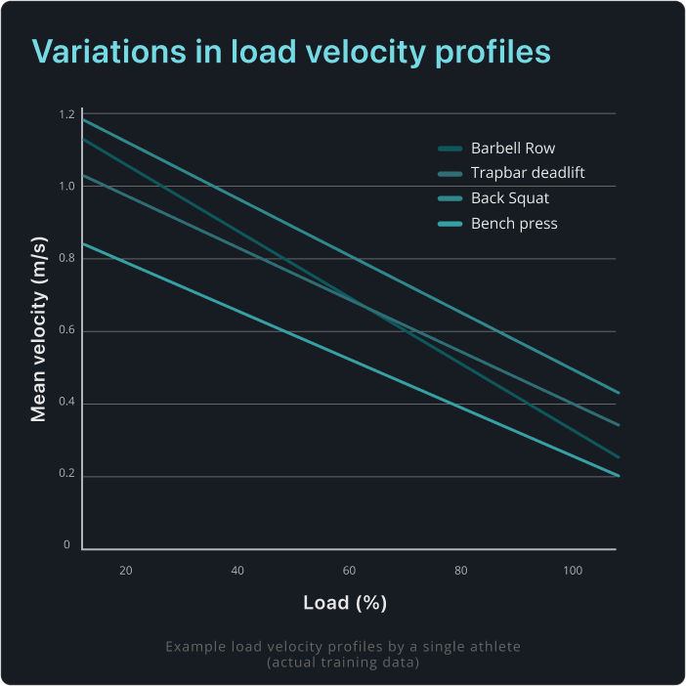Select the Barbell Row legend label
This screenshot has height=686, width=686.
(x=512, y=149)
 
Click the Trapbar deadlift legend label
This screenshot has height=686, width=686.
(x=528, y=174)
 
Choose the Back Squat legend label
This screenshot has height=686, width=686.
(x=510, y=198)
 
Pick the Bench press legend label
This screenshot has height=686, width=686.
(x=514, y=224)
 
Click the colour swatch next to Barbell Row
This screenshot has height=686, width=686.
(x=450, y=150)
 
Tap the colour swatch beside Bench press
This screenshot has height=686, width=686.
(x=450, y=225)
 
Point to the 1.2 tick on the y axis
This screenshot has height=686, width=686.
(x=65, y=115)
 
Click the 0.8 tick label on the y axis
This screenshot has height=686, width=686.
(x=65, y=260)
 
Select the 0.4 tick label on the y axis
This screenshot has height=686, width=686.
(x=65, y=405)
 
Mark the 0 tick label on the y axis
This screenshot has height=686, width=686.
(x=67, y=545)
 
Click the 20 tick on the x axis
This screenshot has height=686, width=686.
(x=125, y=570)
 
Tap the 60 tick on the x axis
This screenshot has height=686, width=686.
(x=349, y=570)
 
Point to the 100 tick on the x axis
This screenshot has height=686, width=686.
(x=573, y=570)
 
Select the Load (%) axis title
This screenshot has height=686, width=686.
(x=345, y=603)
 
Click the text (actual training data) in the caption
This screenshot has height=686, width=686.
(x=344, y=663)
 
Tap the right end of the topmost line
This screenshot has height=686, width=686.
(x=619, y=392)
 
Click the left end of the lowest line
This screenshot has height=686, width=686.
(x=83, y=243)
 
